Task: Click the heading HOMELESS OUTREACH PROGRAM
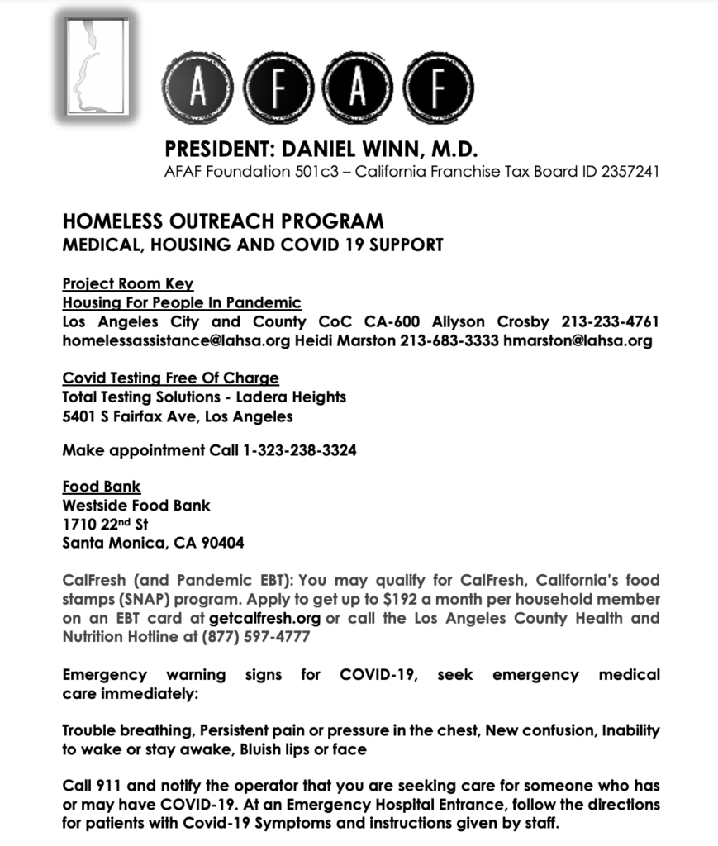pos(223,221)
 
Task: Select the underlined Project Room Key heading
pos(128,283)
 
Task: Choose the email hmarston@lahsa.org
pos(578,340)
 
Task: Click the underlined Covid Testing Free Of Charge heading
pos(171,378)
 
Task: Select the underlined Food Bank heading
pos(102,487)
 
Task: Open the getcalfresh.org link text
pos(264,619)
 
